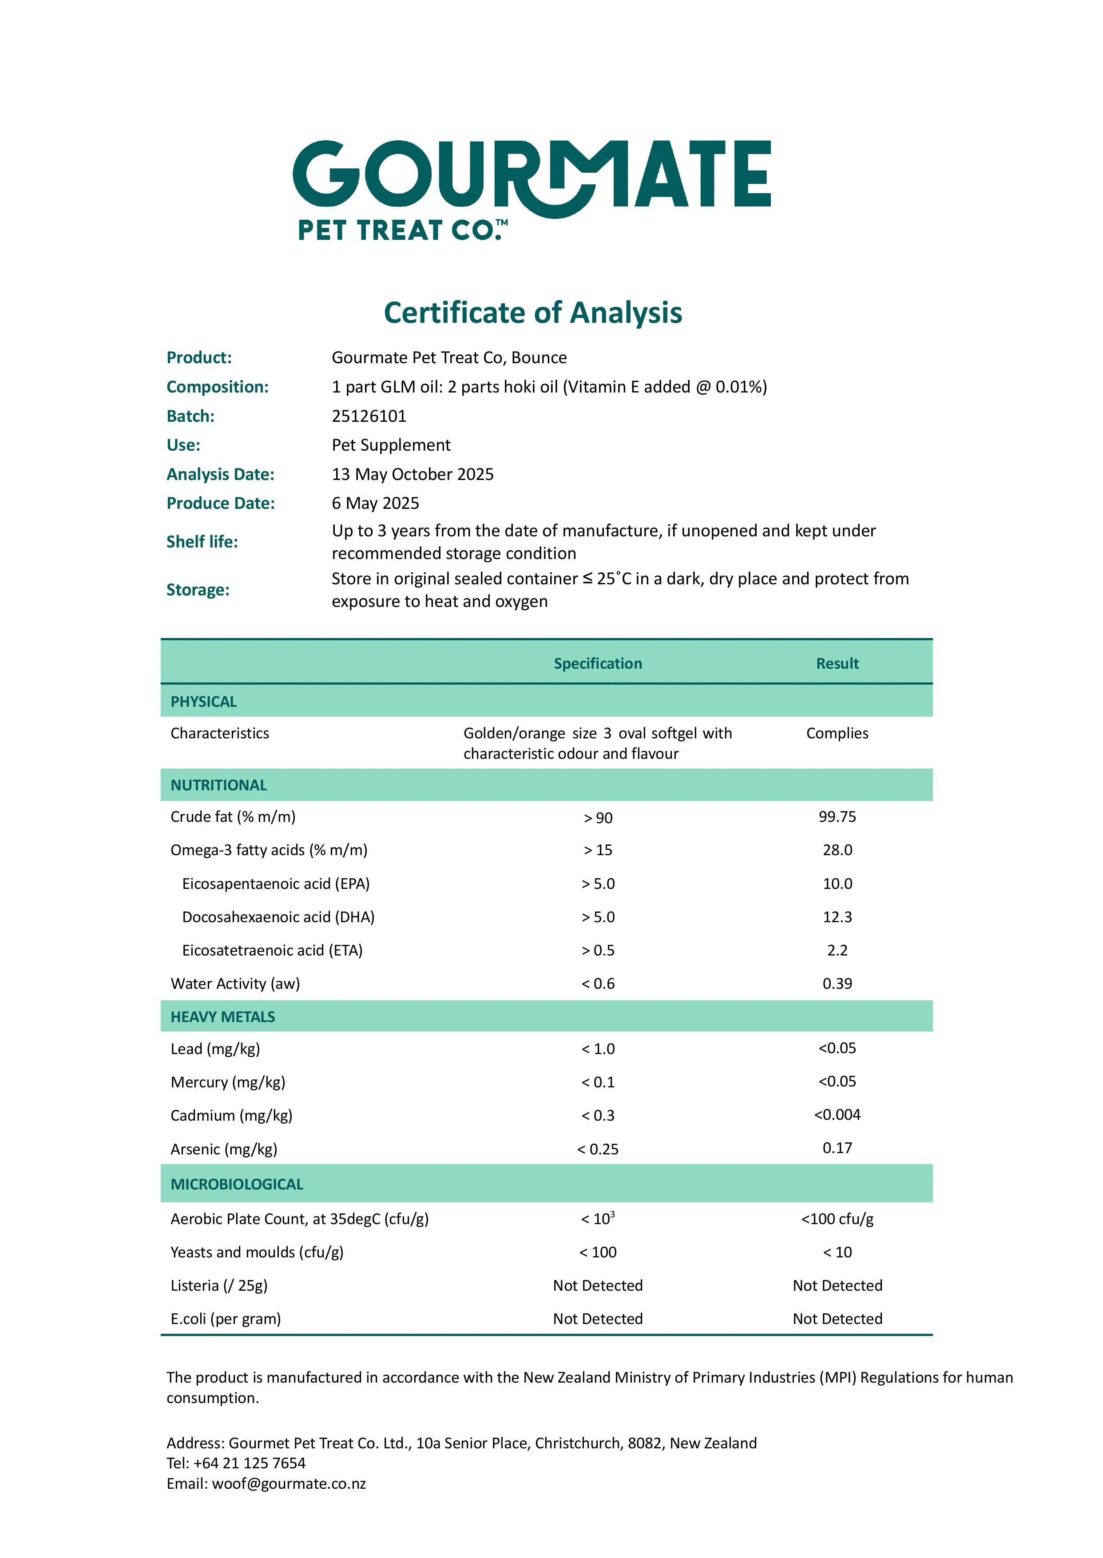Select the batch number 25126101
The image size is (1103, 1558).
(x=369, y=416)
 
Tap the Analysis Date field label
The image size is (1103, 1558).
(x=220, y=474)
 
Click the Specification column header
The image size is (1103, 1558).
(x=598, y=663)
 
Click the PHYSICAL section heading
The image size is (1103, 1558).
(x=204, y=702)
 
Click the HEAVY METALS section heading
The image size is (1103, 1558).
(x=223, y=1017)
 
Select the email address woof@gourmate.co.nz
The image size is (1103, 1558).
(x=289, y=1483)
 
